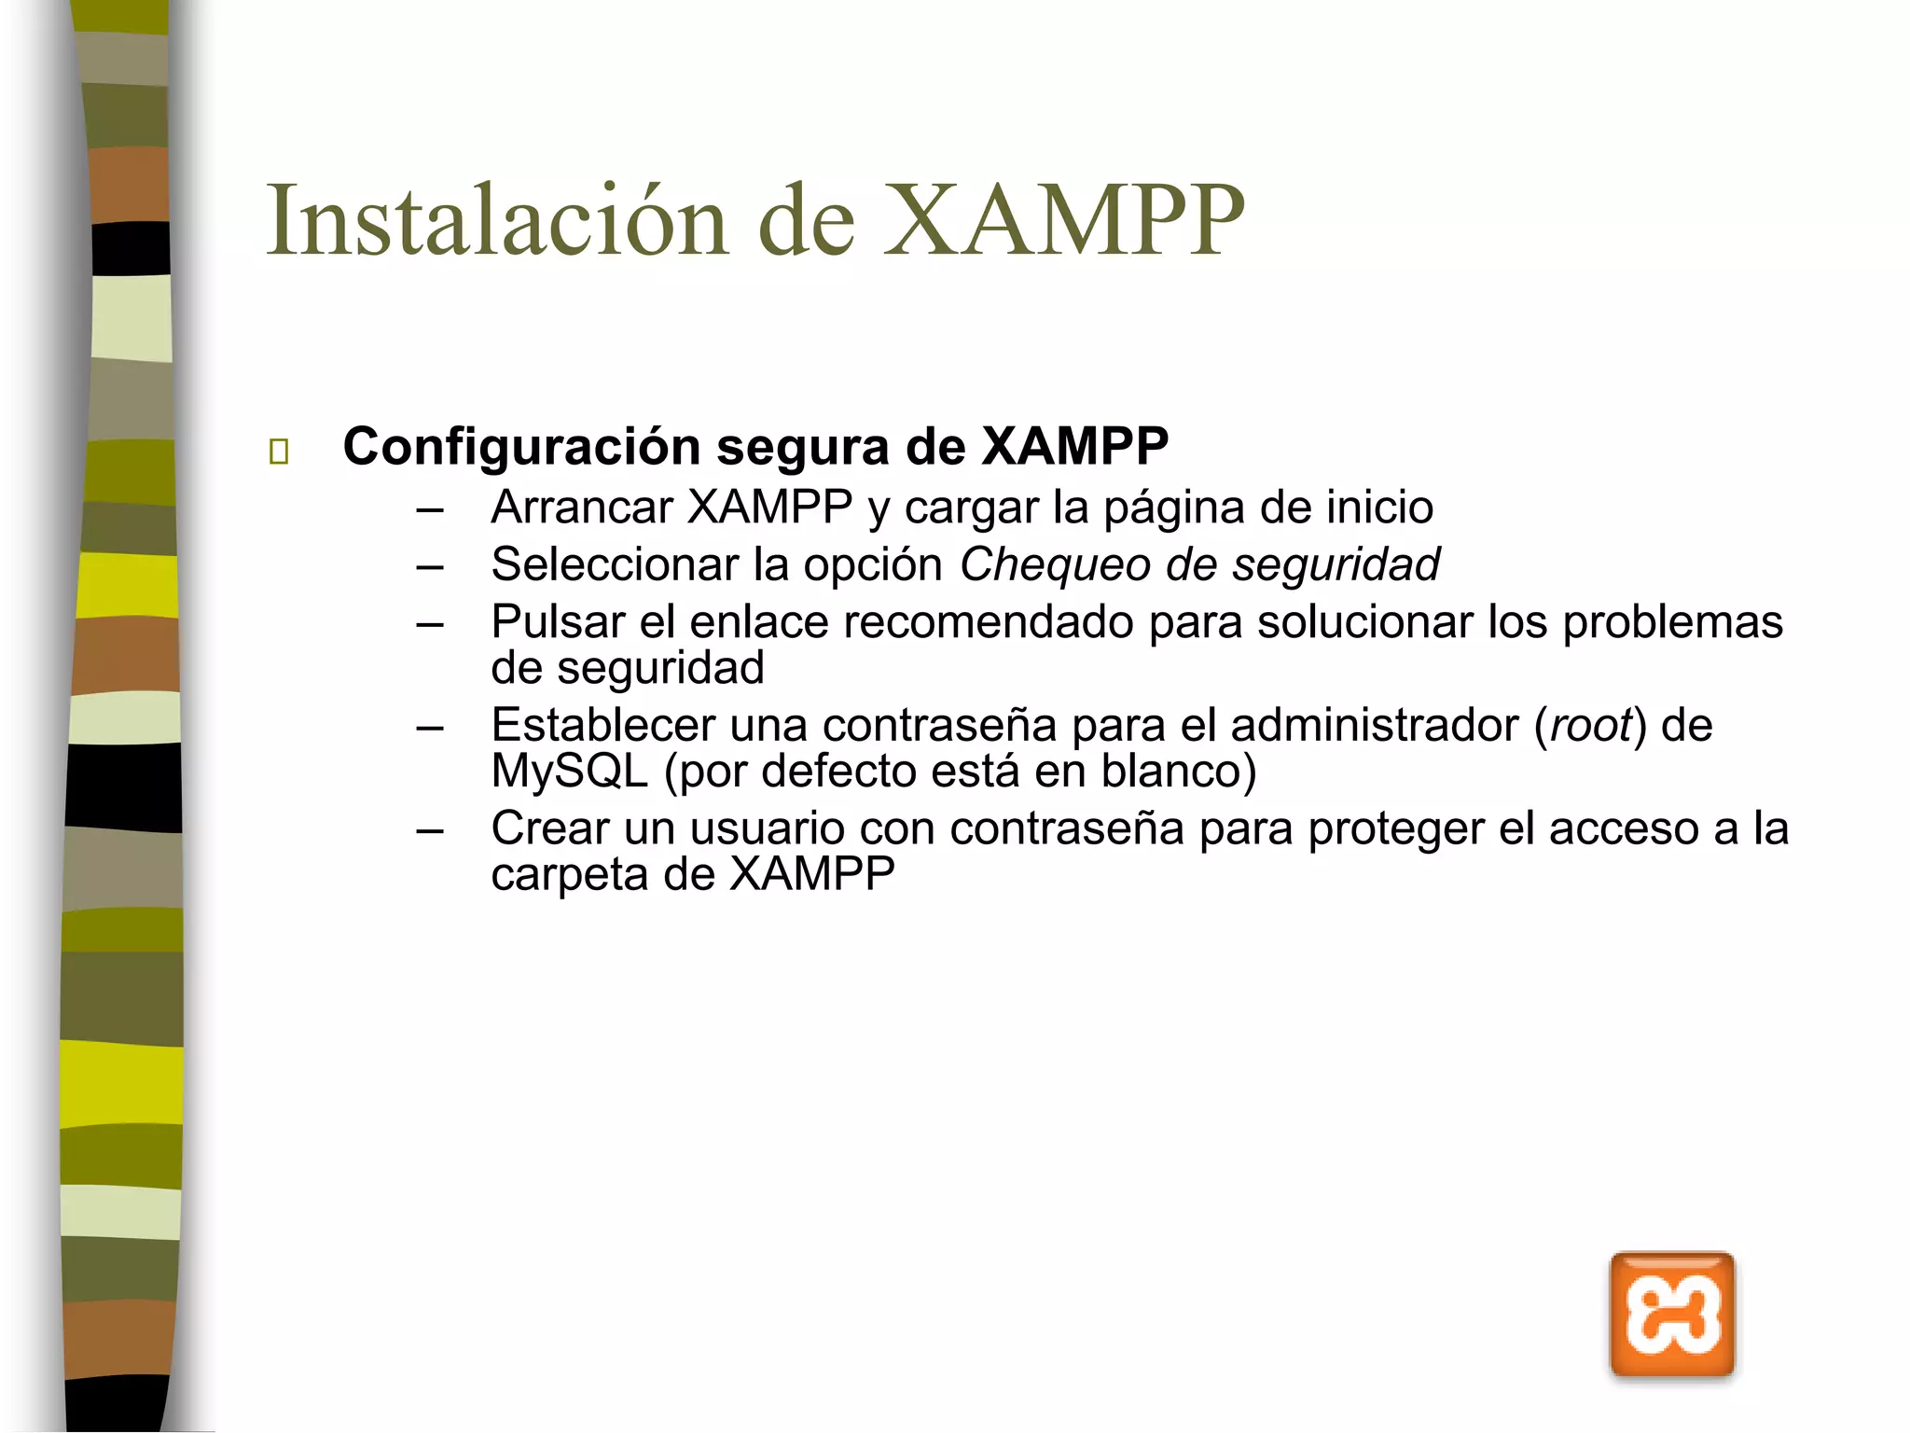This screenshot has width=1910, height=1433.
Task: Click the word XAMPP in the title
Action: pos(1063,220)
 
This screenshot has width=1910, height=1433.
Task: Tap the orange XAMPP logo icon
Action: pos(1671,1315)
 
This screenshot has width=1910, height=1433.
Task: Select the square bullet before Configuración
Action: pos(278,452)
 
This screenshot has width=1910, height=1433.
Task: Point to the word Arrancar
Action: pos(582,508)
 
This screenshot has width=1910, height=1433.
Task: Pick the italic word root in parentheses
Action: pos(1591,725)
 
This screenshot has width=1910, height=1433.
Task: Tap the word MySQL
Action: pos(569,772)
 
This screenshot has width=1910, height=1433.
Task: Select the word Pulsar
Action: pos(558,621)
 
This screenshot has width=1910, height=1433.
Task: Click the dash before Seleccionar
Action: pos(430,566)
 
